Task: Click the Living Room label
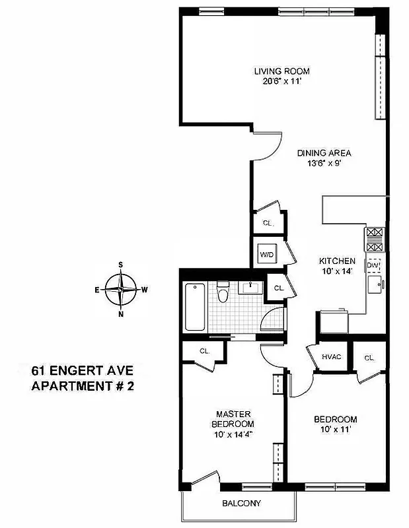282,71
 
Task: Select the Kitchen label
337,261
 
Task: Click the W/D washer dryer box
267,254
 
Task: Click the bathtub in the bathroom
196,307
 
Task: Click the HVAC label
331,357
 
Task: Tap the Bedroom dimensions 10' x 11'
335,430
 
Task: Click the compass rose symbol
121,289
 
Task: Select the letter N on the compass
121,313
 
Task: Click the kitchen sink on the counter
374,284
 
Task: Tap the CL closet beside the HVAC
369,358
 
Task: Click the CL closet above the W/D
268,223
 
